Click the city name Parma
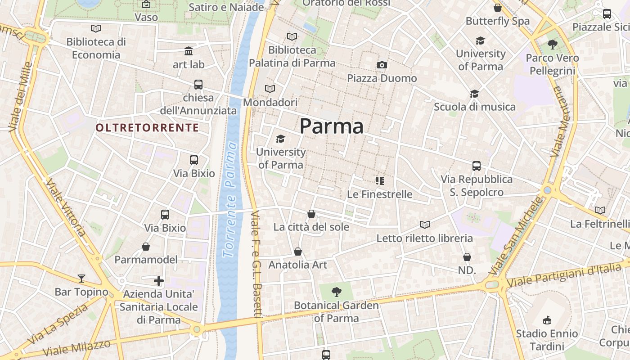click(x=331, y=126)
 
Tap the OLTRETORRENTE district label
click(x=147, y=128)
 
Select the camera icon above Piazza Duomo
click(x=382, y=65)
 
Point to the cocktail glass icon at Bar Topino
click(x=81, y=279)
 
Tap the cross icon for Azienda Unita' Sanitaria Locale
click(x=158, y=281)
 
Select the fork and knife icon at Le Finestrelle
click(x=380, y=181)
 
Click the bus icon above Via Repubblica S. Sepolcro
click(x=477, y=166)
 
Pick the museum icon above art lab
click(x=189, y=51)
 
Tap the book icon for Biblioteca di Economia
click(x=96, y=29)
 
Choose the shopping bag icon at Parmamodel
click(x=146, y=247)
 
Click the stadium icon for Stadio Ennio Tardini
click(x=547, y=320)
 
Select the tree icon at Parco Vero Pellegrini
click(x=552, y=45)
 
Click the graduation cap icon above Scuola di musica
click(x=474, y=94)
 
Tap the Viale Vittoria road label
click(x=65, y=208)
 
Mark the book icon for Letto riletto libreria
click(x=424, y=225)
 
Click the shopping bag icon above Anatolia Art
click(x=298, y=252)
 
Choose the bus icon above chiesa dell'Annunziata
click(x=198, y=84)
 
